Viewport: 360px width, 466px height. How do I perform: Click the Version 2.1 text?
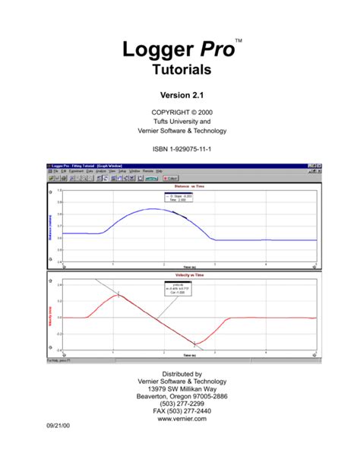(180, 96)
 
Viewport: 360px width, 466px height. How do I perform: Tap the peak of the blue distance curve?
(153, 208)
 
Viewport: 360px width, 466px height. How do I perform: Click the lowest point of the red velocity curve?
(196, 343)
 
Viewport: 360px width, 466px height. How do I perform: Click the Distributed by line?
(180, 374)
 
